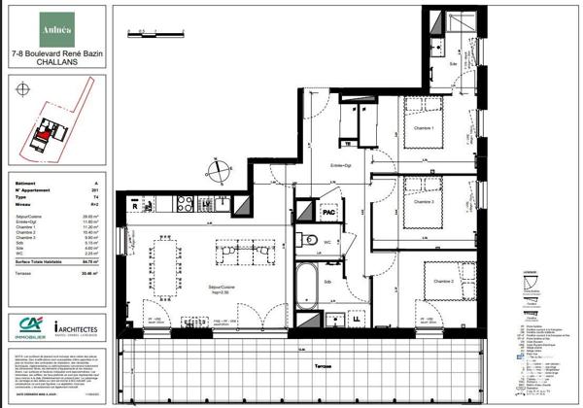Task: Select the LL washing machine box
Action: click(358, 318)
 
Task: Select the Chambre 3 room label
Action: click(424, 202)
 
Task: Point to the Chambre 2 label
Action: click(443, 282)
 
